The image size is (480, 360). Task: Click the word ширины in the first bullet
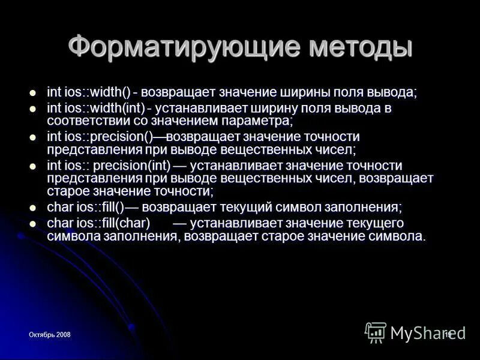tap(307, 92)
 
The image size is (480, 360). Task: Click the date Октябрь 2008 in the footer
tap(51, 334)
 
